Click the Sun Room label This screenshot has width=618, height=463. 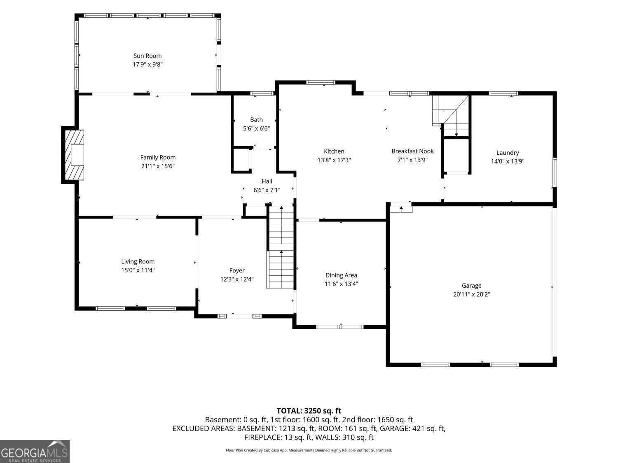pyautogui.click(x=147, y=56)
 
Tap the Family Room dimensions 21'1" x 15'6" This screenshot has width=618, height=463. pyautogui.click(x=158, y=166)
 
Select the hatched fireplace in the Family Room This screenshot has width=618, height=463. pyautogui.click(x=74, y=155)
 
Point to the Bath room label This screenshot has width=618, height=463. pyautogui.click(x=256, y=120)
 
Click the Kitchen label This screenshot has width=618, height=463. pyautogui.click(x=334, y=151)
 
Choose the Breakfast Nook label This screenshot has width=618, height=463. pyautogui.click(x=412, y=151)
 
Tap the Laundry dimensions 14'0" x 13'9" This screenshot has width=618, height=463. pyautogui.click(x=507, y=161)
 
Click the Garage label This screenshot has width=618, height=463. pyautogui.click(x=471, y=286)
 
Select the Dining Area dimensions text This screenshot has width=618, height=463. pyautogui.click(x=341, y=284)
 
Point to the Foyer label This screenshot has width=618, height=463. pyautogui.click(x=237, y=270)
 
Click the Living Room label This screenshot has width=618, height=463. pyautogui.click(x=138, y=261)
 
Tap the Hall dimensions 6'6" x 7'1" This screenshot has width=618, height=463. pyautogui.click(x=267, y=190)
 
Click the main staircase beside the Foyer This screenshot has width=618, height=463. pyautogui.click(x=281, y=247)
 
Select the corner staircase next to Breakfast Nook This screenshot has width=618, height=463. pyautogui.click(x=451, y=116)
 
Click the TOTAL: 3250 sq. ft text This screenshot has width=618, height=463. pyautogui.click(x=309, y=411)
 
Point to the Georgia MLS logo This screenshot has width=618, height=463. pyautogui.click(x=35, y=451)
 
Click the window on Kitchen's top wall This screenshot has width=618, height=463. pyautogui.click(x=321, y=82)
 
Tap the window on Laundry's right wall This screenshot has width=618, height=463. pyautogui.click(x=555, y=172)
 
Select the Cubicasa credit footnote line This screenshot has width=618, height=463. pyautogui.click(x=309, y=450)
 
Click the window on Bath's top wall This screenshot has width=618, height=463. pyautogui.click(x=262, y=93)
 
